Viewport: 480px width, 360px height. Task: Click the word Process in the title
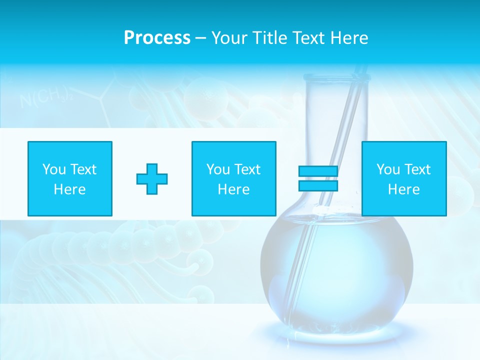(x=157, y=38)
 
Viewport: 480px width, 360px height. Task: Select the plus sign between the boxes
(x=152, y=179)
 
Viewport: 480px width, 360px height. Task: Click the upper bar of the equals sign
(x=318, y=171)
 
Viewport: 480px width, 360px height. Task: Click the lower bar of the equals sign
(x=318, y=185)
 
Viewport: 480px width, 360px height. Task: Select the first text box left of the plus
(x=70, y=179)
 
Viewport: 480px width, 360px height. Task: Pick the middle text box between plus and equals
(x=233, y=179)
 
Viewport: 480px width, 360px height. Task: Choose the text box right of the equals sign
(x=403, y=179)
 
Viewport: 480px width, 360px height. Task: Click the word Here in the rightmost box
(x=403, y=189)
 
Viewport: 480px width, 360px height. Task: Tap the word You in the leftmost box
(x=54, y=169)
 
